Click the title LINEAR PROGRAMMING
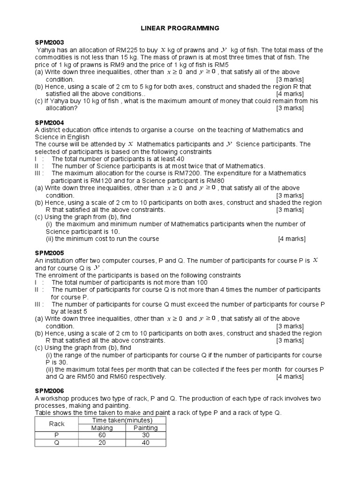pyautogui.click(x=180, y=29)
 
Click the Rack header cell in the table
pyautogui.click(x=57, y=424)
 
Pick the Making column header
pyautogui.click(x=102, y=427)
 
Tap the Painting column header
pyautogui.click(x=146, y=427)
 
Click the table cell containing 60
pyautogui.click(x=102, y=435)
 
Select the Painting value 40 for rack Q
pyautogui.click(x=146, y=442)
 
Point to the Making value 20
pyautogui.click(x=102, y=442)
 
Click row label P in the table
pyautogui.click(x=57, y=435)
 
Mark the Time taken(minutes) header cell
pyautogui.click(x=124, y=420)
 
